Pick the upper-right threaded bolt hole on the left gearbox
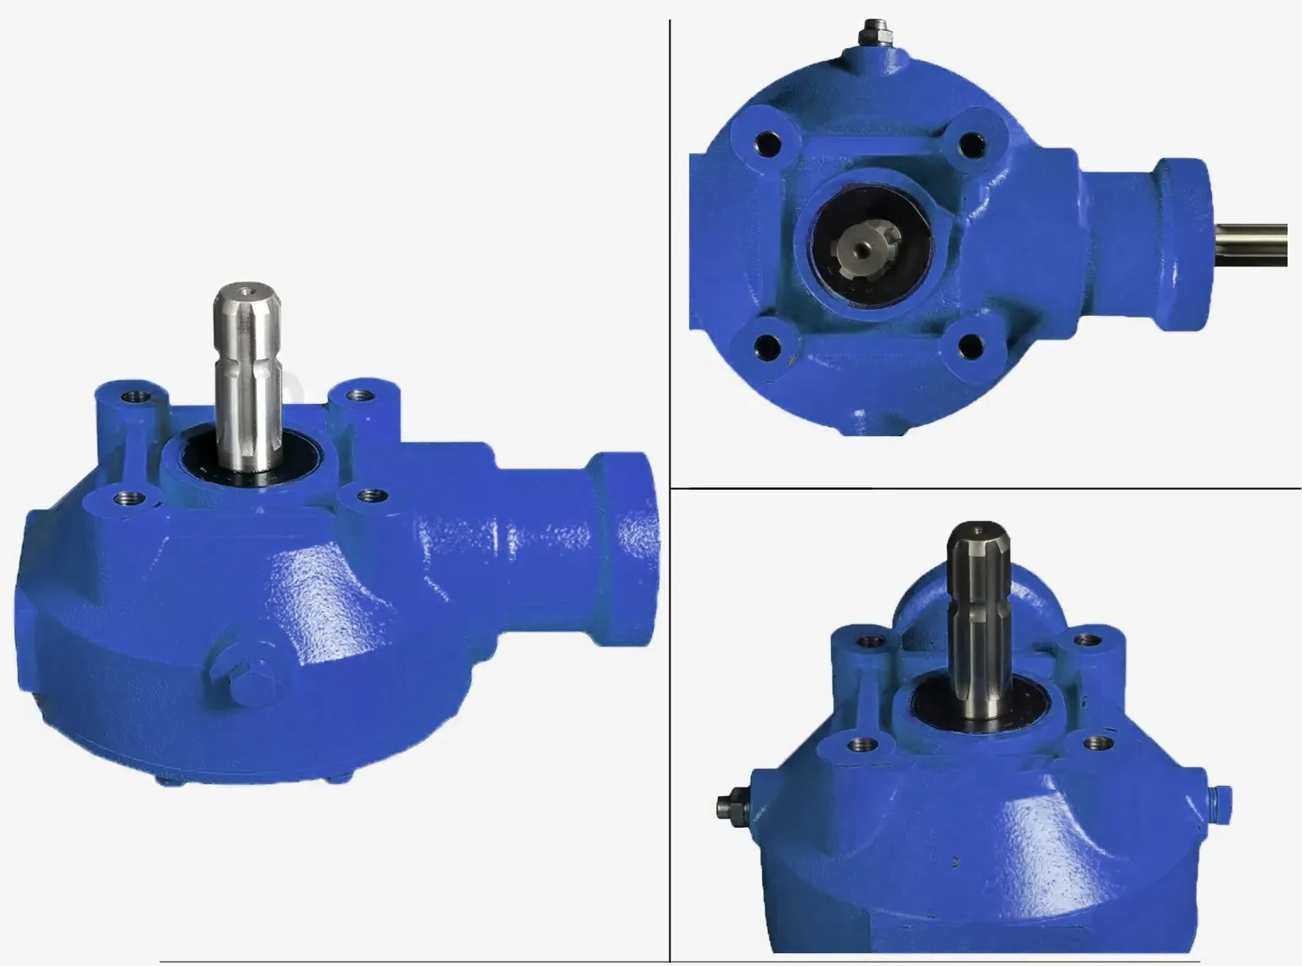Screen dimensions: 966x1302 pos(361,395)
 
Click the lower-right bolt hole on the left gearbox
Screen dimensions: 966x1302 pos(368,494)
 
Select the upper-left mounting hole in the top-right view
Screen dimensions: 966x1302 pos(769,144)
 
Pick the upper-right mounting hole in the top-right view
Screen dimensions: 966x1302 pos(969,144)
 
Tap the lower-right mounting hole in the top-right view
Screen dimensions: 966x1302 pos(969,345)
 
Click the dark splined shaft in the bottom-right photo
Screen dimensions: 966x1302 pos(977,611)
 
